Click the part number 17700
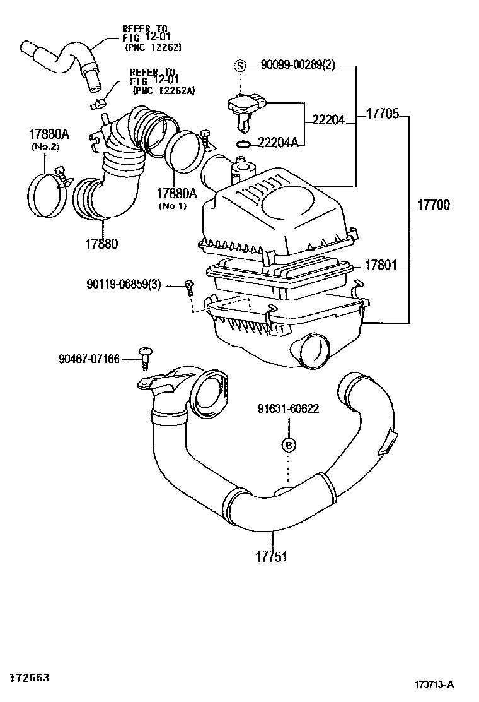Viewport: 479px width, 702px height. click(x=434, y=206)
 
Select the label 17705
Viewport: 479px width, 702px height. click(x=383, y=114)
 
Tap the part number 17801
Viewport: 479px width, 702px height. click(x=381, y=266)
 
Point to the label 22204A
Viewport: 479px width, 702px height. click(x=278, y=143)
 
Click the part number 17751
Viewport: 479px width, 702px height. click(x=271, y=557)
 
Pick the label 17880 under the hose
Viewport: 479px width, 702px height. click(x=101, y=244)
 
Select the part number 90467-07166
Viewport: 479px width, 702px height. click(x=89, y=359)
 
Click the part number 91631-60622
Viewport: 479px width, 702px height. click(x=288, y=408)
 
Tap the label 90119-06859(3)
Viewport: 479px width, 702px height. click(x=124, y=284)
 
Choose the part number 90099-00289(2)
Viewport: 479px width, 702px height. click(x=297, y=65)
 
